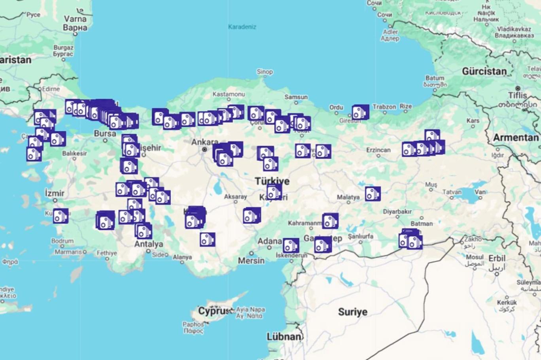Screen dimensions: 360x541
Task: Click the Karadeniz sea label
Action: pos(242,27)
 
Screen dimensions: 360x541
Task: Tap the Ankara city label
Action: pos(204,142)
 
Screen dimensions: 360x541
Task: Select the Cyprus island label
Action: pos(214,311)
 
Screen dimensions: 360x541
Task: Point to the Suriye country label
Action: pos(353,312)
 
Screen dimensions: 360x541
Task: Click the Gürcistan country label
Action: pos(484,72)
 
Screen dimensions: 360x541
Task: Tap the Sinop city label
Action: pos(265,72)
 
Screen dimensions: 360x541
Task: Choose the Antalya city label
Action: pos(148,244)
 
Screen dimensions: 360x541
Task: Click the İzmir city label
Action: pos(55,193)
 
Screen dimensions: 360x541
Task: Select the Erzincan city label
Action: pos(378,150)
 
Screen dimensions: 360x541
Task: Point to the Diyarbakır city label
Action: pos(397,212)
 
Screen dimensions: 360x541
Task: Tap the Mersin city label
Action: pos(251,260)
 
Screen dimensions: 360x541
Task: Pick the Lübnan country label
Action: pos(284,337)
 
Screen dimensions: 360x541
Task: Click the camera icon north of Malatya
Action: pos(373,194)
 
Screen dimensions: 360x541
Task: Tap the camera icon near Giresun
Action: pos(360,112)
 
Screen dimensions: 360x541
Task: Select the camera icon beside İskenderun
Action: pos(291,245)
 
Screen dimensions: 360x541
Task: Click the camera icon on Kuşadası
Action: pos(61,216)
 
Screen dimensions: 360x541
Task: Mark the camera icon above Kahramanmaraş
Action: pos(330,221)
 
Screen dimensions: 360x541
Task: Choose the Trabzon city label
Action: pos(384,107)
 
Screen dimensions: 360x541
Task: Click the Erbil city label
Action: pos(497,258)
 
